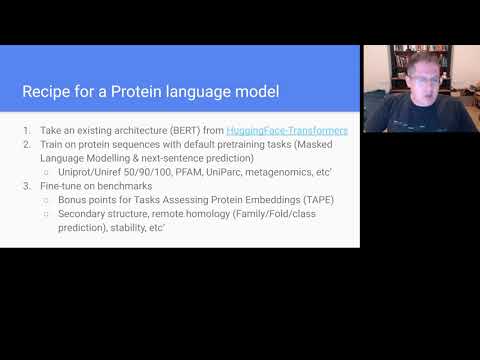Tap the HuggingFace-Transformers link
[287, 131]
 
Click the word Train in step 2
[50, 145]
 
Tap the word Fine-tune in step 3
[59, 186]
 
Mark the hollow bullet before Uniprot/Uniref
[47, 172]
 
